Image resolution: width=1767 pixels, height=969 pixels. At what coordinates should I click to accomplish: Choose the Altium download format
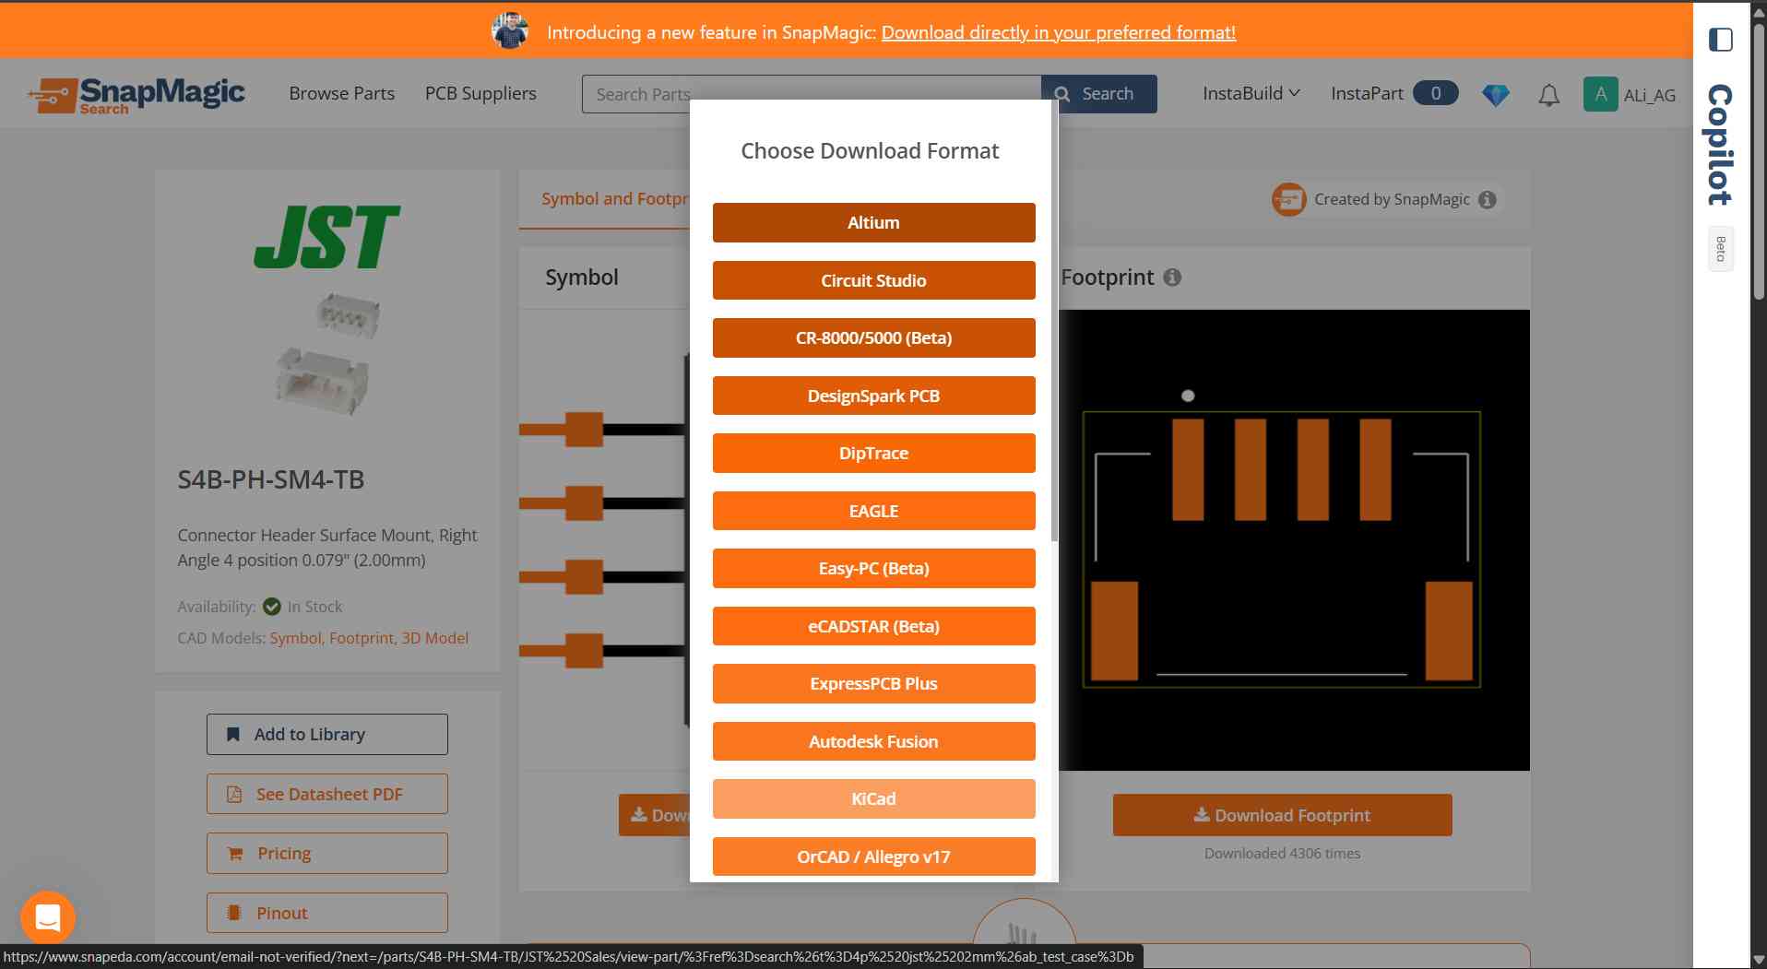click(873, 222)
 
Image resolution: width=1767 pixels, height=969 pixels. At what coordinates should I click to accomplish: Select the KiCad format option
click(873, 798)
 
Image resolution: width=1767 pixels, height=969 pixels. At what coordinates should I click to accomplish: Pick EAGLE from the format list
click(873, 511)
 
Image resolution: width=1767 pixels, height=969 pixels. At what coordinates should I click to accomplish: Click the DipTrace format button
click(873, 453)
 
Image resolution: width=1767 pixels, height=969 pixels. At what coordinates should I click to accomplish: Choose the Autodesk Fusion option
click(873, 741)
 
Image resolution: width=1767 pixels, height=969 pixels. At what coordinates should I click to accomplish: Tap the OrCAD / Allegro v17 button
click(873, 857)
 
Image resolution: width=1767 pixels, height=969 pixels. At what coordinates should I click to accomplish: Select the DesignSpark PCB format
click(873, 396)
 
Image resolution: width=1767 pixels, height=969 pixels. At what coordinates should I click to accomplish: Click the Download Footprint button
click(1282, 815)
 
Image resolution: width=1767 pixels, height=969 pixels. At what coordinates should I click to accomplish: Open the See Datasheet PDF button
click(327, 794)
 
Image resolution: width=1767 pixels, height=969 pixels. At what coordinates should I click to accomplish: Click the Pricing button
click(327, 853)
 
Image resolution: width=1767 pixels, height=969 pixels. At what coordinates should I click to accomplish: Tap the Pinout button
click(327, 913)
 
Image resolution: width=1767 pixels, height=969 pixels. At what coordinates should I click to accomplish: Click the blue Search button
click(1098, 94)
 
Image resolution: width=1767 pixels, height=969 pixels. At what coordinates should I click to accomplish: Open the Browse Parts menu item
click(341, 93)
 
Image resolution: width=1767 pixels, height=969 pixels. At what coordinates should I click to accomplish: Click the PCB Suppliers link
click(480, 93)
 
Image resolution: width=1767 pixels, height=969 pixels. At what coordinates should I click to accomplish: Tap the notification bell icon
click(1549, 95)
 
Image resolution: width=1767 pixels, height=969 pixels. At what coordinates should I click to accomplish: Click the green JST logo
click(326, 236)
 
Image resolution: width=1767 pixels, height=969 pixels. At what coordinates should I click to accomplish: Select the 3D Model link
click(434, 638)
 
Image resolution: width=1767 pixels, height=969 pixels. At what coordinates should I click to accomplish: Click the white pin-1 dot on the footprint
click(1188, 396)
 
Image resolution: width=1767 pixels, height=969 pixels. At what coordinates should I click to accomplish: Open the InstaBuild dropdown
click(1251, 93)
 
